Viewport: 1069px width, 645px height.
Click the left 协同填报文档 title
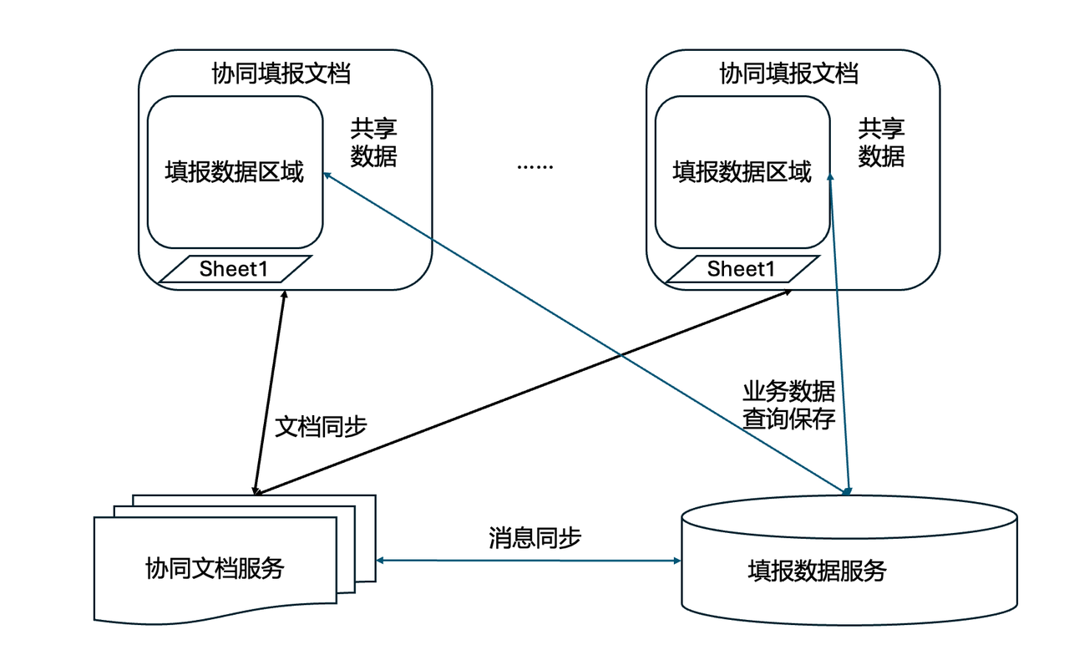coord(281,74)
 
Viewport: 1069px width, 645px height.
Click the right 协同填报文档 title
coord(788,74)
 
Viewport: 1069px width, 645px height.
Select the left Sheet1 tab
coord(234,269)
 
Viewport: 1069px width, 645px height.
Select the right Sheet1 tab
coord(742,269)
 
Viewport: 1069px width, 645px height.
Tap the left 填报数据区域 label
coord(234,173)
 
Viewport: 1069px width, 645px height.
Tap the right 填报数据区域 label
coord(742,173)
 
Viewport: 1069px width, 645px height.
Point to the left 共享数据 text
coord(373,142)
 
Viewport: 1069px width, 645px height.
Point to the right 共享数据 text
coord(881,142)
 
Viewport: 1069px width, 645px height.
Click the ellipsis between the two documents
coord(534,165)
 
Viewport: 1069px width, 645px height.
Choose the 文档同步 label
coord(321,426)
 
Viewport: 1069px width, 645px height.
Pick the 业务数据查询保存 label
coord(788,405)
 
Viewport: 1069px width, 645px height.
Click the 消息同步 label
coord(534,537)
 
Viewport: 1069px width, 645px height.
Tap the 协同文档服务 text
coord(215,568)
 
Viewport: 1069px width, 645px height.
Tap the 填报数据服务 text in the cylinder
coord(816,571)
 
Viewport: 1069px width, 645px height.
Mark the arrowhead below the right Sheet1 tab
coord(788,293)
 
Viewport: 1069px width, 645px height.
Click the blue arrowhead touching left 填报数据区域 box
coord(329,175)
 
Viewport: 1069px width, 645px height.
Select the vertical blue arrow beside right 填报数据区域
coord(839,334)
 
